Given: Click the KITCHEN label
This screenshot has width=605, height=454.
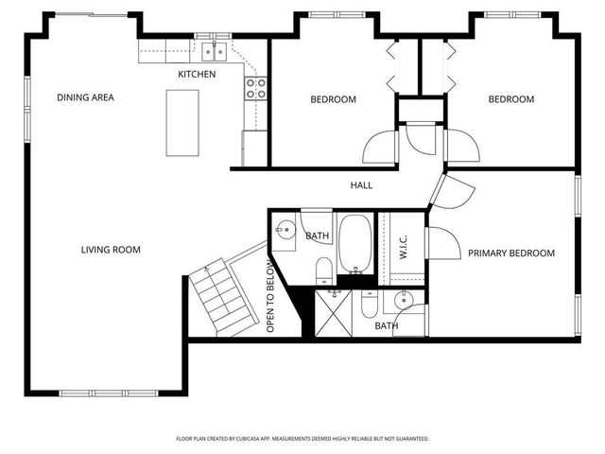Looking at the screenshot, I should click(197, 74).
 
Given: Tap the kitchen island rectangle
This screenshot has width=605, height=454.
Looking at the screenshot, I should click(182, 123).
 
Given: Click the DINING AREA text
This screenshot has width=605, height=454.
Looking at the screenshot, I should click(85, 97).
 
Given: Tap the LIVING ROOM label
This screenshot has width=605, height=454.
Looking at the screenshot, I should click(111, 250).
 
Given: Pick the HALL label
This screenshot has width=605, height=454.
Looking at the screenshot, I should click(361, 185).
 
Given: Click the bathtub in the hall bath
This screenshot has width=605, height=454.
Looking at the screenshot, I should click(355, 242).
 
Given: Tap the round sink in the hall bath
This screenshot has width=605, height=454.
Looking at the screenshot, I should click(286, 228).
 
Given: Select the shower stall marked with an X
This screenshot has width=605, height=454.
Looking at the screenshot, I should click(332, 309).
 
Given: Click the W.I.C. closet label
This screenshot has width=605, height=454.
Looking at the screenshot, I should click(404, 249).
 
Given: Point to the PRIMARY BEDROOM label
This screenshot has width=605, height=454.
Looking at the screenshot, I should click(511, 253).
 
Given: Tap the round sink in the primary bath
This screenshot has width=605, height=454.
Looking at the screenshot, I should click(404, 302).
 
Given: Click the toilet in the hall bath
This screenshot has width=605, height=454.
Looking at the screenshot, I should click(323, 271).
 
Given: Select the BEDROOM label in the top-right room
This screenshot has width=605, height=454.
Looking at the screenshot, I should click(510, 99).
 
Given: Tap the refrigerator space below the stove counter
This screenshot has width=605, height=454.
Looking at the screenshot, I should click(255, 148).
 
